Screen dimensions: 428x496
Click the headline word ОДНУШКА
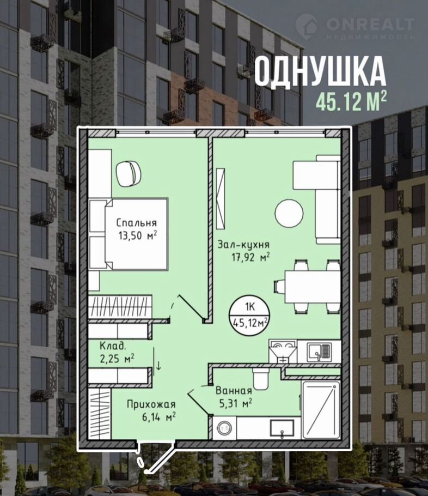coord(320,71)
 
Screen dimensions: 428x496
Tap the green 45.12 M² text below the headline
coord(351,101)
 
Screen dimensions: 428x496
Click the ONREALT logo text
coord(370,25)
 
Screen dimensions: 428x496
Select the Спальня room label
coord(136,223)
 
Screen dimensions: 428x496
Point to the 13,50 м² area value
coord(138,235)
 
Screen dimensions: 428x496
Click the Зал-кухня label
coord(243,245)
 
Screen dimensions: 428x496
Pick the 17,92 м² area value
coord(250,257)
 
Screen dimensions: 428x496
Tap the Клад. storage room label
coord(113,346)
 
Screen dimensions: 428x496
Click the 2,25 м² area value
coord(117,359)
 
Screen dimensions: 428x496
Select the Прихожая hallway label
coord(151,404)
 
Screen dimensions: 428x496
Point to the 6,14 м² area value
coord(158,417)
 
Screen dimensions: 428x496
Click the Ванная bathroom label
coord(234,391)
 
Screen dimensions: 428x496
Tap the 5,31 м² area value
coord(235,403)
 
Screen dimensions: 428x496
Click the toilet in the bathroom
coord(261,379)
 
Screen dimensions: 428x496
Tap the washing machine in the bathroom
coord(225,428)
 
